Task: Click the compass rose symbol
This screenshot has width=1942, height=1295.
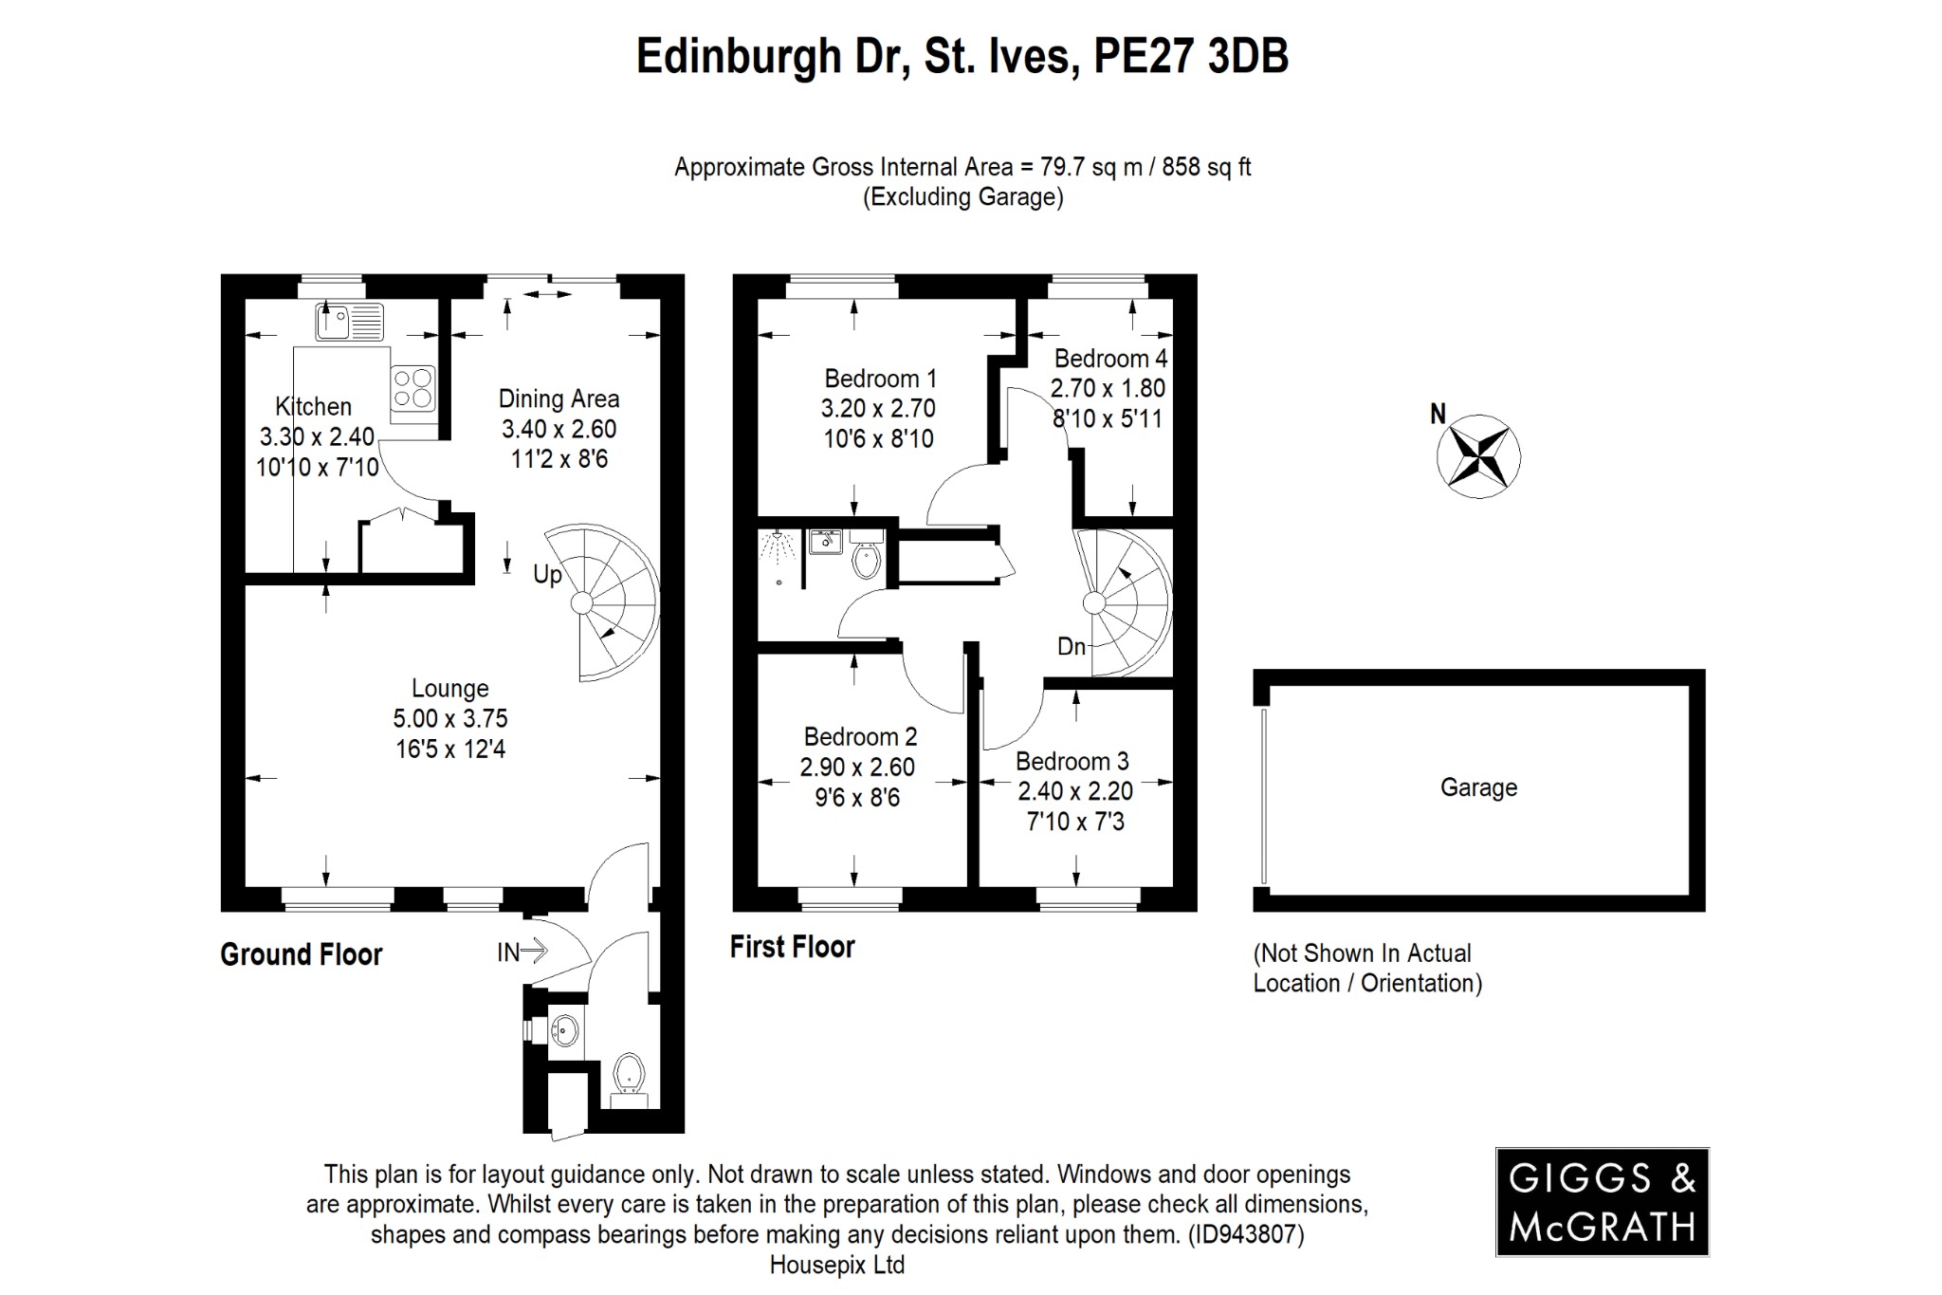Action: coord(1478,456)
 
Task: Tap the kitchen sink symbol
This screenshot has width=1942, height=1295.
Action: coord(349,322)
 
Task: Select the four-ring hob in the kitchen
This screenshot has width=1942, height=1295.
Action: coord(413,388)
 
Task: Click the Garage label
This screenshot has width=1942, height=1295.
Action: coord(1478,787)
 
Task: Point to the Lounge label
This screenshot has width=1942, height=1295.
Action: coord(450,689)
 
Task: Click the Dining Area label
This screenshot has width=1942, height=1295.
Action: coord(559,399)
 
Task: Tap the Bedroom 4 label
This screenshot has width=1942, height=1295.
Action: coord(1110,359)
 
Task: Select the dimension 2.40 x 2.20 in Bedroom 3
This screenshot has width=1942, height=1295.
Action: coord(1075,791)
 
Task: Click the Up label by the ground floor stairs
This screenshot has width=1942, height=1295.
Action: coord(547,575)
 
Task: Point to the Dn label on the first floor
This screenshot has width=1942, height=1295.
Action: coord(1072,647)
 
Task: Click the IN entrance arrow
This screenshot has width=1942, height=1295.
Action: coord(523,951)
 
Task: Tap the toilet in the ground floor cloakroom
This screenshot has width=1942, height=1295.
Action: coord(629,1077)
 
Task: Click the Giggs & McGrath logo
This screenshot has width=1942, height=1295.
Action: coord(1602,1202)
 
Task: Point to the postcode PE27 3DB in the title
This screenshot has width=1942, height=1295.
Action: coord(1191,56)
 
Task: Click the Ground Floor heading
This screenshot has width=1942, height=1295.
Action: coord(302,954)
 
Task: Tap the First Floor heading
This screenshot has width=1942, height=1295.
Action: coord(793,947)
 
